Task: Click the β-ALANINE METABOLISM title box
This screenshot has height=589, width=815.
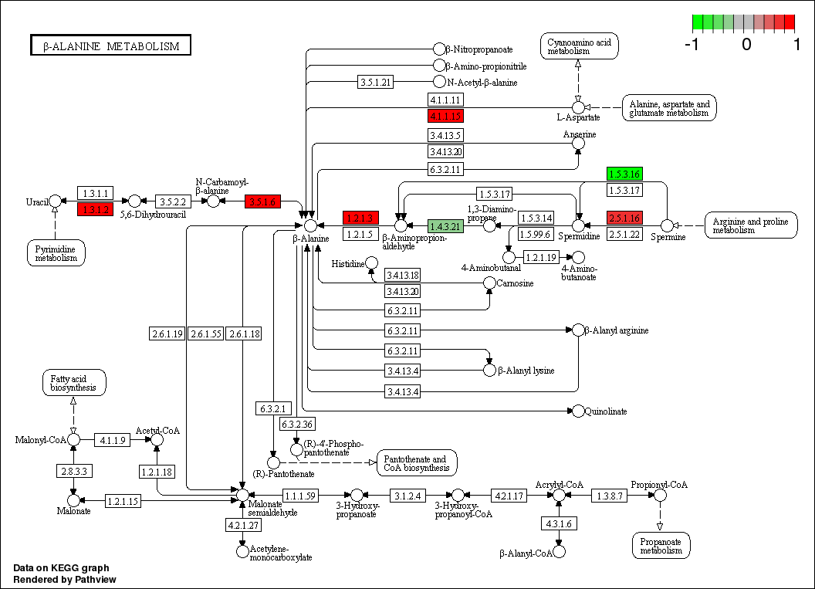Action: [111, 46]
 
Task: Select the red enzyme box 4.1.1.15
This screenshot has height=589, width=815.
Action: [445, 116]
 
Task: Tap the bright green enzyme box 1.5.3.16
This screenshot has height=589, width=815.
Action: [624, 174]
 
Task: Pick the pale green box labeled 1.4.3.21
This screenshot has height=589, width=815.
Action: [445, 226]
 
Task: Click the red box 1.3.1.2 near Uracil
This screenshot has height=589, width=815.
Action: [96, 209]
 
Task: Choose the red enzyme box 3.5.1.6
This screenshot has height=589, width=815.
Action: [263, 201]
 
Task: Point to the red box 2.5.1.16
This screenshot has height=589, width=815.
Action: [624, 218]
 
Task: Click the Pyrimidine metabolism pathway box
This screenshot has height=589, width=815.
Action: [56, 253]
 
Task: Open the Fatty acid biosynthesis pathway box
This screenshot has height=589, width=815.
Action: [73, 382]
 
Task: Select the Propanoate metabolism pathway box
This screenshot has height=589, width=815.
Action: [660, 545]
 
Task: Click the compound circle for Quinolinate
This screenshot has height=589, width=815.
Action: [578, 411]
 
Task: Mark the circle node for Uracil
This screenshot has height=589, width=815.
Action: [55, 201]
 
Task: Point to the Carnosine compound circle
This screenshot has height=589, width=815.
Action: [489, 283]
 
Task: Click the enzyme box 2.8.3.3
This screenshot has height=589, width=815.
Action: [74, 471]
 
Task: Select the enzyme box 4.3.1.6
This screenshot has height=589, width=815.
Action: [558, 523]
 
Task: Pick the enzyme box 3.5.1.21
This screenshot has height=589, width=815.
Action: [376, 82]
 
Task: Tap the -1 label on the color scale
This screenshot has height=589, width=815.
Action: [692, 45]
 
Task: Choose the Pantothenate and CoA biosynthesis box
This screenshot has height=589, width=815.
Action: [416, 463]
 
